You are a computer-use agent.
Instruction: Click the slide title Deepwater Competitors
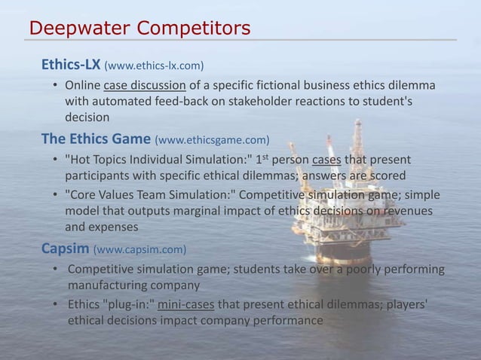(x=139, y=29)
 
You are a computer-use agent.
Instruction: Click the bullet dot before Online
(x=55, y=84)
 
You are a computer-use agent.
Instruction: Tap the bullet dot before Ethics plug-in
(x=55, y=305)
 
